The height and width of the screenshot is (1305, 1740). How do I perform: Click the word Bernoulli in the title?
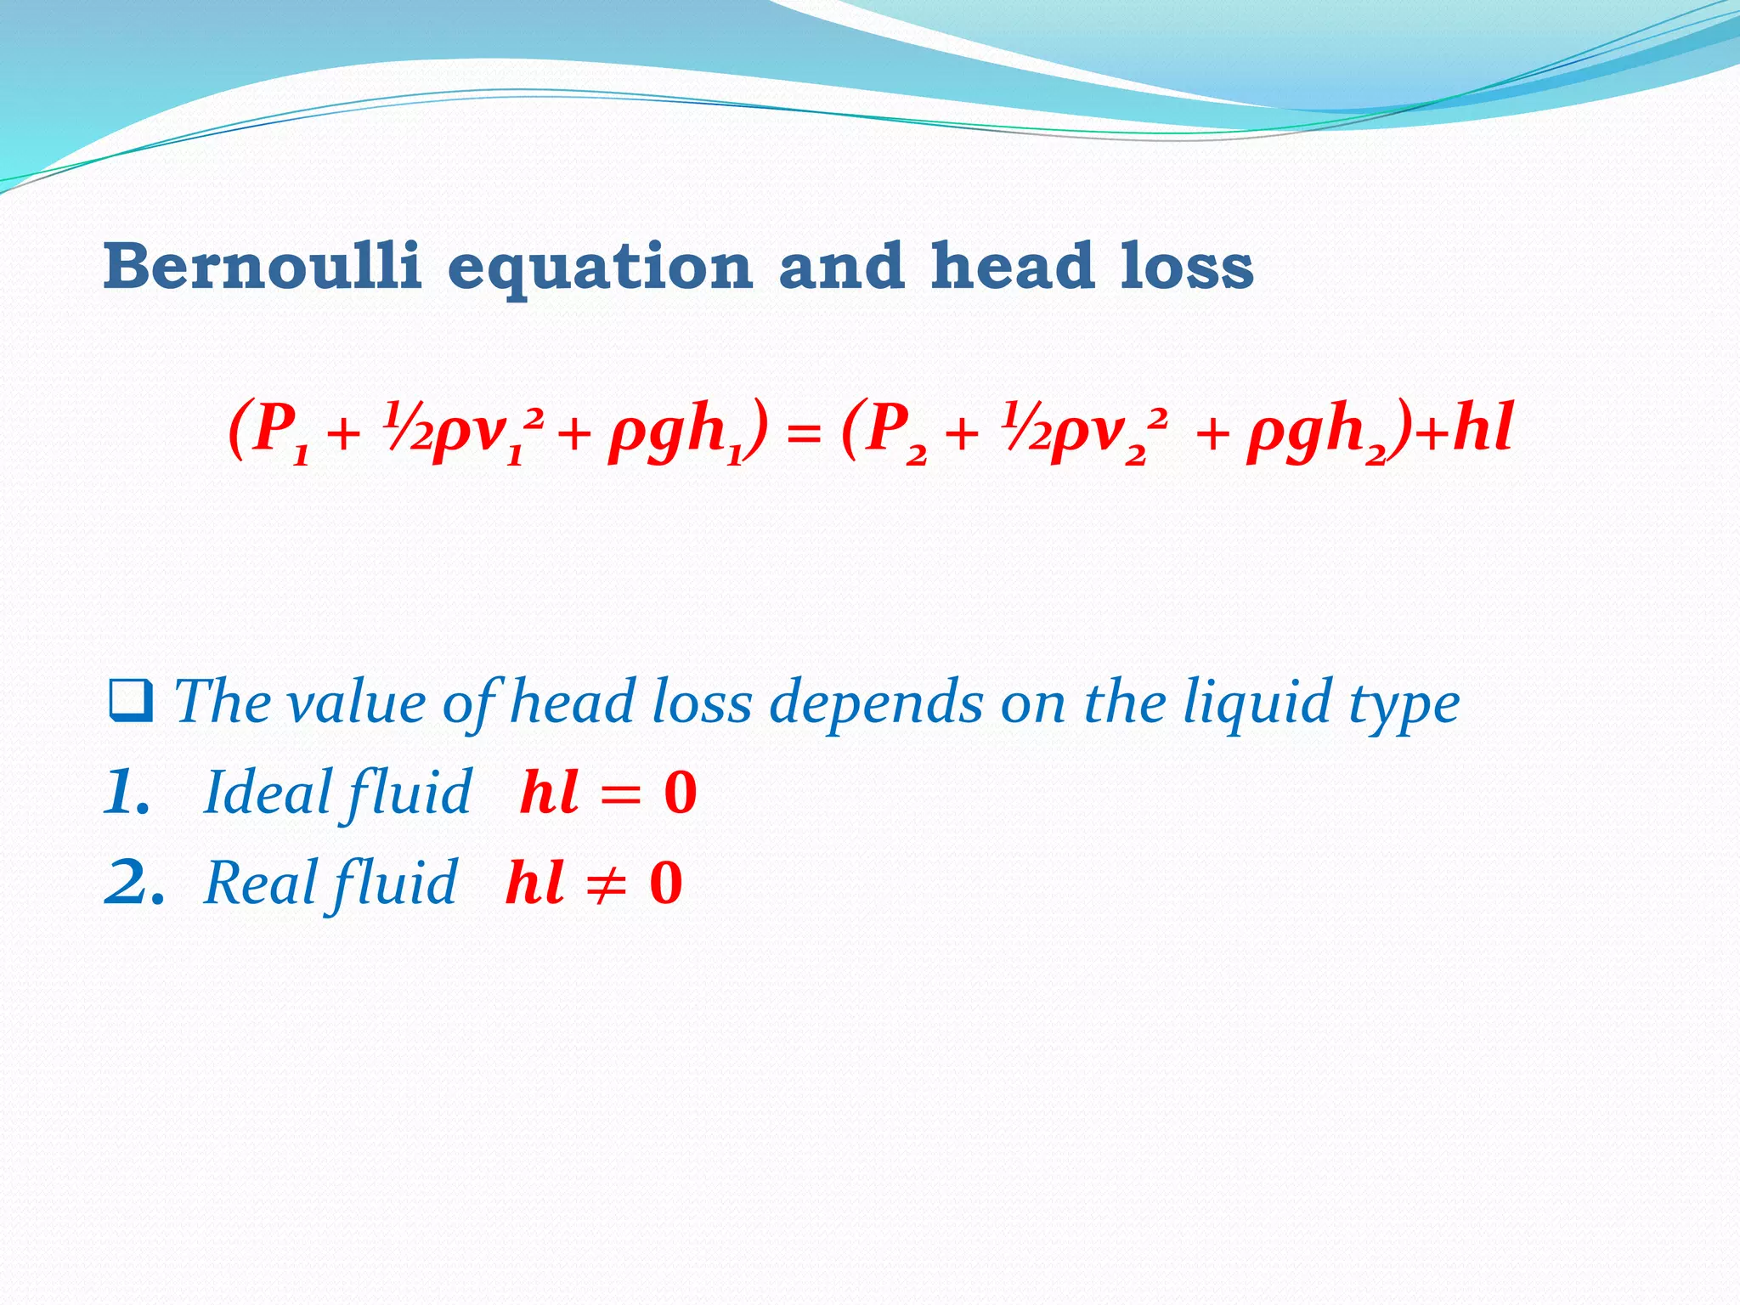[x=263, y=266]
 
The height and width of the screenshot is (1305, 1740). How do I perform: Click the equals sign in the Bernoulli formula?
[x=804, y=435]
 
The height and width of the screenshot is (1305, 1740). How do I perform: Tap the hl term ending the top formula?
[x=1483, y=427]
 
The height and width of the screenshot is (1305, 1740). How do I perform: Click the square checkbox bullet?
[x=131, y=702]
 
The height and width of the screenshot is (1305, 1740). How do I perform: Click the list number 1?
[x=127, y=792]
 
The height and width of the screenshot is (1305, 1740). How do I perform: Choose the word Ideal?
[x=268, y=792]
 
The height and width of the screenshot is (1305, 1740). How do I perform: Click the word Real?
[x=260, y=882]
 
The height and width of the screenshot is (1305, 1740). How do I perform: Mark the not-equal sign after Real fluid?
[x=607, y=884]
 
